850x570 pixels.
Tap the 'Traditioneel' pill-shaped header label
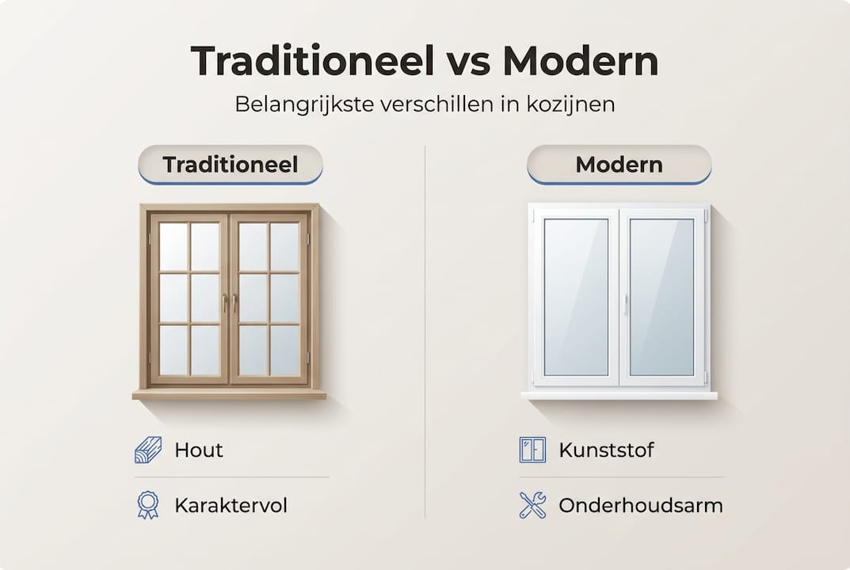230,165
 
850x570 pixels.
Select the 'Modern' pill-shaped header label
619,165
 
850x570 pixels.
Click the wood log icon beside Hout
148,450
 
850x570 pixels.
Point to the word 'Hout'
199,450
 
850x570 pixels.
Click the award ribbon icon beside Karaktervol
148,505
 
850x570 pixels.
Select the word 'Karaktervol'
231,506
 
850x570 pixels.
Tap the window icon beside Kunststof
532,450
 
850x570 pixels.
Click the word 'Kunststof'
606,450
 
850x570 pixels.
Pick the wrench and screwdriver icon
532,505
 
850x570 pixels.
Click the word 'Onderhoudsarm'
640,506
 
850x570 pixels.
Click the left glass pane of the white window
576,297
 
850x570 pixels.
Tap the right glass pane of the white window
661,297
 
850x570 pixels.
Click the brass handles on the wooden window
230,302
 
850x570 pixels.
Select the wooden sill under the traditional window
229,393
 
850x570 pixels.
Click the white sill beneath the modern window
619,395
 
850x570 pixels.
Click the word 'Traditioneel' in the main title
313,63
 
